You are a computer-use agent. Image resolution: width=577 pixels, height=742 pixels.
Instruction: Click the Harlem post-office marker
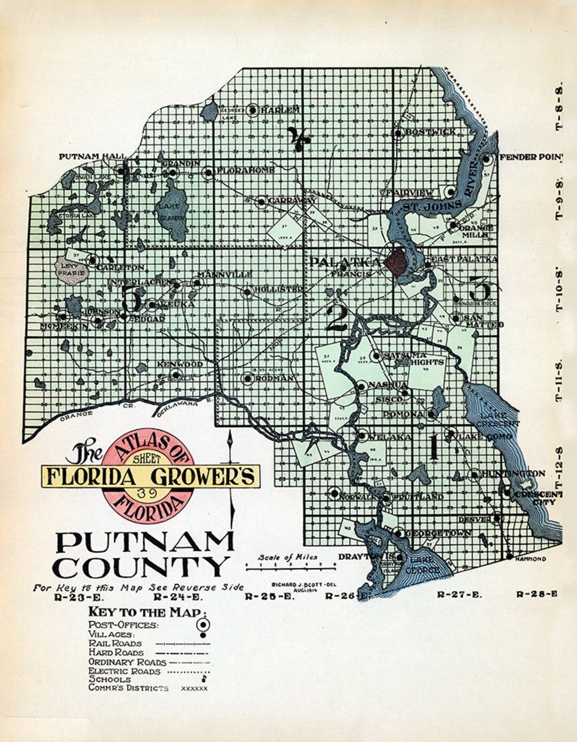[252, 110]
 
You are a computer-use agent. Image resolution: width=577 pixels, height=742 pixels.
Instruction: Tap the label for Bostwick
[431, 132]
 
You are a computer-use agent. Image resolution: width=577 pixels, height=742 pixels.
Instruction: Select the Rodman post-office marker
[247, 378]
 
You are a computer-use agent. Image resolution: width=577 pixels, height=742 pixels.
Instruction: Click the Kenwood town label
[180, 365]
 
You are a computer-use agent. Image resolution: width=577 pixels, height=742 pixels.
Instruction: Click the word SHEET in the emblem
[147, 459]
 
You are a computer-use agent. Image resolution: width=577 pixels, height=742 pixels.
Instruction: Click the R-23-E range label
[75, 598]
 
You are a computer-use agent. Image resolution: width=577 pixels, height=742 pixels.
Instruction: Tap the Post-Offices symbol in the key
[203, 624]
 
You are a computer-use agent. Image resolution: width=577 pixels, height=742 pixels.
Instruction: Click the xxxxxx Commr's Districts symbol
[194, 689]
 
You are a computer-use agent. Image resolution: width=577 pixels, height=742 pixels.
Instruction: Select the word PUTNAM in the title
[145, 543]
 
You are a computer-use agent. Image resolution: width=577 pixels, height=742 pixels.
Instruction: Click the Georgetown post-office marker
[399, 533]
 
